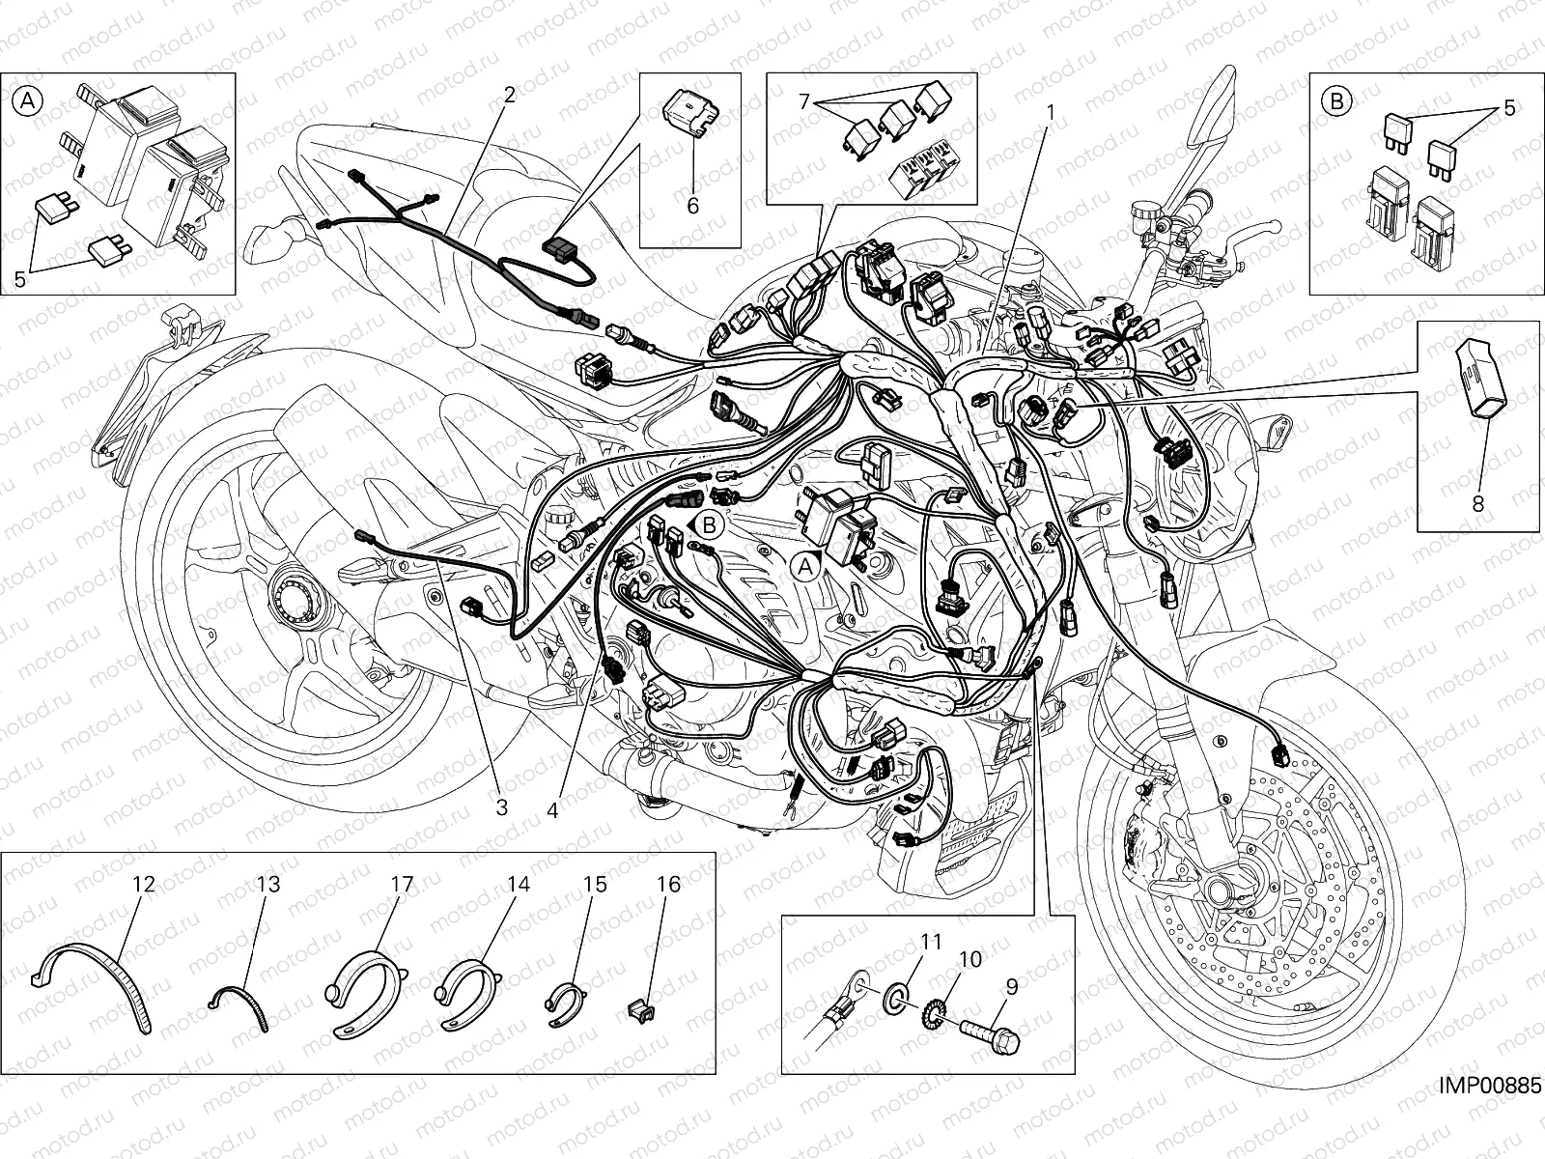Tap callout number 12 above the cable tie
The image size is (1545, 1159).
pyautogui.click(x=144, y=884)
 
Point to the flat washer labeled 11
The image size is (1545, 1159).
pyautogui.click(x=894, y=1001)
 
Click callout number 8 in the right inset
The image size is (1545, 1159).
pyautogui.click(x=1478, y=503)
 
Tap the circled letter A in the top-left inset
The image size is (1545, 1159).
pyautogui.click(x=27, y=102)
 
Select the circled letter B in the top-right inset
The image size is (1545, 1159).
pyautogui.click(x=1336, y=102)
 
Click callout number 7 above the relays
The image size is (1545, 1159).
pyautogui.click(x=805, y=101)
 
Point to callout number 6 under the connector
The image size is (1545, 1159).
pyautogui.click(x=693, y=206)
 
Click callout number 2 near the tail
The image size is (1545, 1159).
pyautogui.click(x=510, y=95)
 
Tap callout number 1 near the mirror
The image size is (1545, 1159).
pyautogui.click(x=1051, y=113)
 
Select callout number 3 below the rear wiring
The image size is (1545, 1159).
pyautogui.click(x=502, y=807)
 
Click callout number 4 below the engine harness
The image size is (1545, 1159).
pyautogui.click(x=552, y=810)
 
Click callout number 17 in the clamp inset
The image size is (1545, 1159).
pyautogui.click(x=402, y=884)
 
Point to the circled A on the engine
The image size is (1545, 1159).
pyautogui.click(x=805, y=566)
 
